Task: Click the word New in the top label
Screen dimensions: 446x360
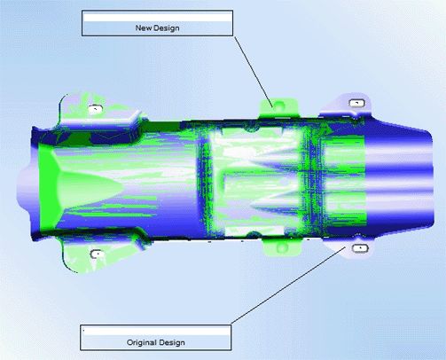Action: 143,28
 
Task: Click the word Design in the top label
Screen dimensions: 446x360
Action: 166,28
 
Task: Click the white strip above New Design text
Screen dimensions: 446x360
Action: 157,17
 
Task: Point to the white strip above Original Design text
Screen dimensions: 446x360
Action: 155,331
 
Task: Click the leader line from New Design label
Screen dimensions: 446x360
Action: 254,72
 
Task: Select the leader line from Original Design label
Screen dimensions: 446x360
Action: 288,286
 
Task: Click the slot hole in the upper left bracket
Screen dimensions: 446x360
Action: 96,109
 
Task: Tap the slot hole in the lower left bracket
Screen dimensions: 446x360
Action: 97,254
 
